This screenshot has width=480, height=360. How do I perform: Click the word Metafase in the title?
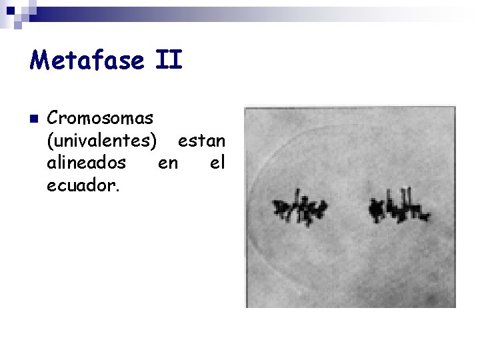point(87,61)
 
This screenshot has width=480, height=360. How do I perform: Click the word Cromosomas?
point(101,119)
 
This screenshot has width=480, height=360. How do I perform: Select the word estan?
point(202,141)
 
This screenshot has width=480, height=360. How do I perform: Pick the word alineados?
point(87,163)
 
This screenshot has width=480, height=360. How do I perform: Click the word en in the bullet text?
point(168,163)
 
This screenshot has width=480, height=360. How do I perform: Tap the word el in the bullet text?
point(217,163)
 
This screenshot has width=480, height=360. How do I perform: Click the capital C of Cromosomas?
point(53,119)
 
